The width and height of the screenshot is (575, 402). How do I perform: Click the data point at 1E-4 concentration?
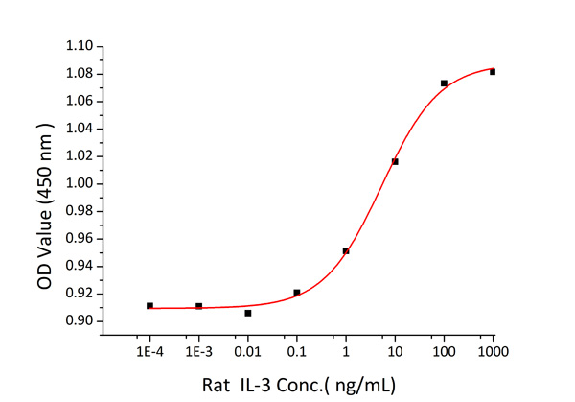tap(149, 305)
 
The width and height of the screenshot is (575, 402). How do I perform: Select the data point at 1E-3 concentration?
tap(198, 306)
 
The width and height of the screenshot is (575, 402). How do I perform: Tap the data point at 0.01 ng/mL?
tap(248, 313)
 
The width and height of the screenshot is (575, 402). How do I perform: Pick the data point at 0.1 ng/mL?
tap(297, 293)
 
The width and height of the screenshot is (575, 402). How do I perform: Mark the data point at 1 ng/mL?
tap(346, 251)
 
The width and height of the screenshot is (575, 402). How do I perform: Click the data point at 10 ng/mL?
tap(395, 161)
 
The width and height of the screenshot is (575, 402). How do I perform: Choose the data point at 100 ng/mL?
tap(444, 83)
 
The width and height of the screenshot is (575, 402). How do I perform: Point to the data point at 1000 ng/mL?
tap(493, 72)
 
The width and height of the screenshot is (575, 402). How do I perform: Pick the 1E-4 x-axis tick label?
tap(149, 353)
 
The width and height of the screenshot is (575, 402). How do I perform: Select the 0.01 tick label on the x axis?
tap(248, 353)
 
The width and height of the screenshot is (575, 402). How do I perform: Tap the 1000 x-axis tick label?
tap(493, 353)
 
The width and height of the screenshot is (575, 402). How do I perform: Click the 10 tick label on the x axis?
tap(395, 353)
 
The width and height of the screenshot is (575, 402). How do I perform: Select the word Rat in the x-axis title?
tap(216, 385)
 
